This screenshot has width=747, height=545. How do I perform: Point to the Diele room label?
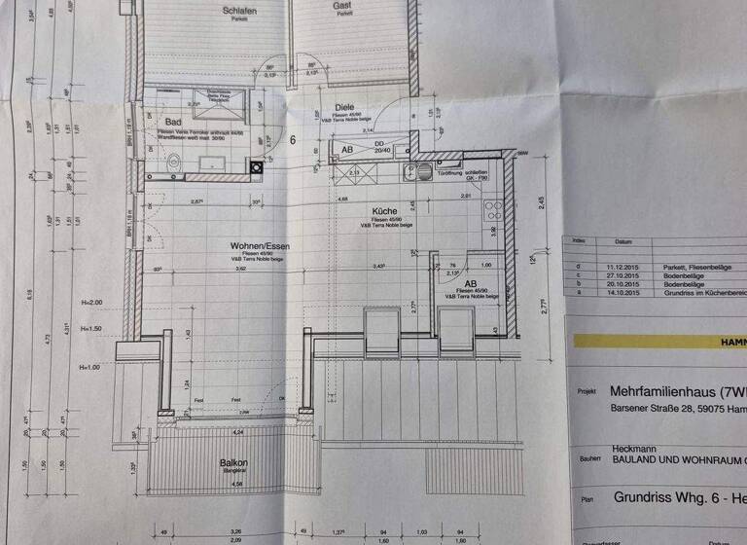pos(344,108)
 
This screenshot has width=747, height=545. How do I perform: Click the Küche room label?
pos(383,211)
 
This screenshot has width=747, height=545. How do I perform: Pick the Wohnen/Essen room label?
pos(260,246)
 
